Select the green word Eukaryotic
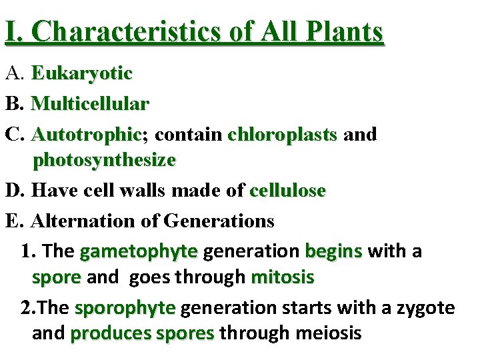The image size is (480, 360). click(81, 73)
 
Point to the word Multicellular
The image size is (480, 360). click(90, 103)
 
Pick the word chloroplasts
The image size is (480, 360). click(282, 134)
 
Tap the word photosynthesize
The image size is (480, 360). click(104, 160)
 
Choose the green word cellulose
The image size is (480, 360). click(287, 191)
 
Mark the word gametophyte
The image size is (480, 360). click(138, 251)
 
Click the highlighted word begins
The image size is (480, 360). click(333, 251)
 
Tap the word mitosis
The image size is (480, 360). click(282, 277)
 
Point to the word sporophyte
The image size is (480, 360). click(125, 308)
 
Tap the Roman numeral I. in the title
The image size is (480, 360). click(12, 31)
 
